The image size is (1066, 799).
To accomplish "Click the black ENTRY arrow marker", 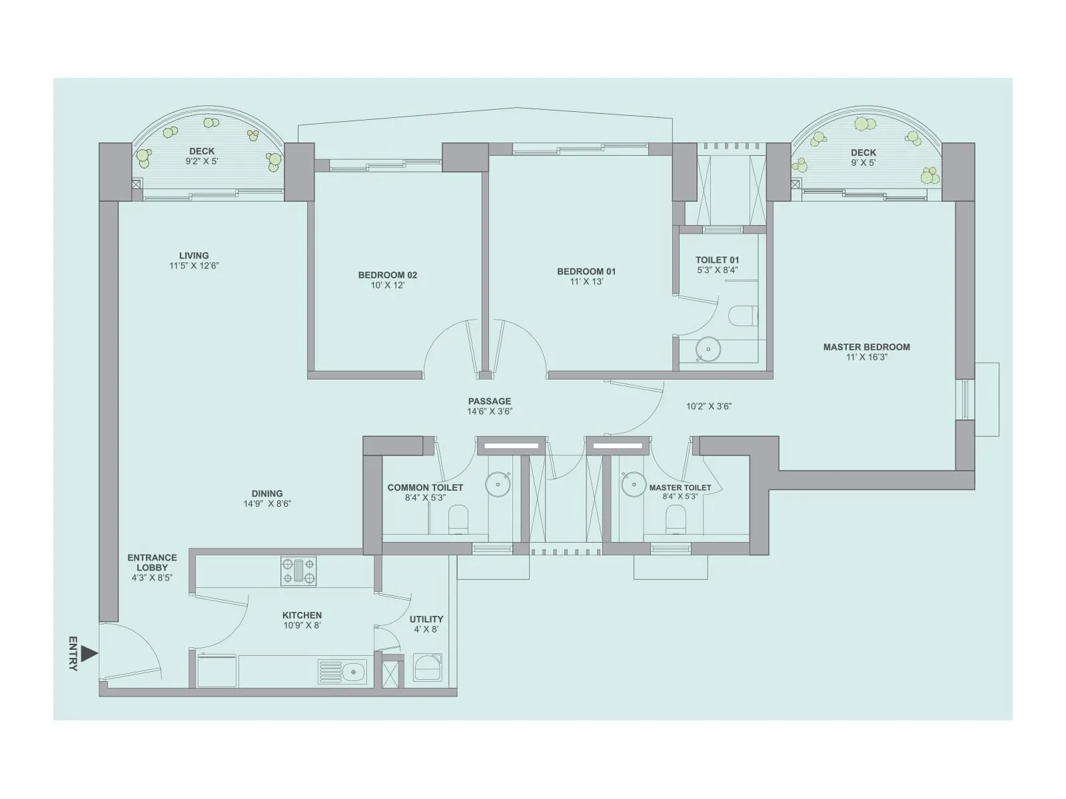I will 89,654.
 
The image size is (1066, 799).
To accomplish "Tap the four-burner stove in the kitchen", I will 298,571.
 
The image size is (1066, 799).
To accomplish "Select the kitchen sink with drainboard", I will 342,672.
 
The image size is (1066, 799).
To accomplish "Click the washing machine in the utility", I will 427,667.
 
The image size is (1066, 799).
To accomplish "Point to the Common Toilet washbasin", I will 498,484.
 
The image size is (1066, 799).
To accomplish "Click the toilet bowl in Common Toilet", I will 458,519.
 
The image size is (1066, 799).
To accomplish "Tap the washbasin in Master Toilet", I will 633,484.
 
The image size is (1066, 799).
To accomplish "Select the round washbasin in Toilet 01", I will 708,348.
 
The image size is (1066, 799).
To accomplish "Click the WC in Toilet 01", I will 743,315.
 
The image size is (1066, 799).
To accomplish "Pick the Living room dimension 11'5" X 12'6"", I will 194,266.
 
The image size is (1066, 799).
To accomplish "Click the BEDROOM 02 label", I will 388,275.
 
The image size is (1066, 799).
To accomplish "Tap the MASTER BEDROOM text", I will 866,347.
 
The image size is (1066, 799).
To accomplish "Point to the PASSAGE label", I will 490,401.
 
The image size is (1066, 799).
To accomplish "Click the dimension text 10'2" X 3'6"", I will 709,406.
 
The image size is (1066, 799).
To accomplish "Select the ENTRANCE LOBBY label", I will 152,563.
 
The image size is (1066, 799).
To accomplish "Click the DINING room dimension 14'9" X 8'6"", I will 267,504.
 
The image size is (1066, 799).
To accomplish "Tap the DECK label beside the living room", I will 202,151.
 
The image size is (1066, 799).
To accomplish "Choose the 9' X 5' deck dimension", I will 863,162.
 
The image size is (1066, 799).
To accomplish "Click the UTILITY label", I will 426,619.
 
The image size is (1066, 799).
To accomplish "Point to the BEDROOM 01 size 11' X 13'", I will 586,282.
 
